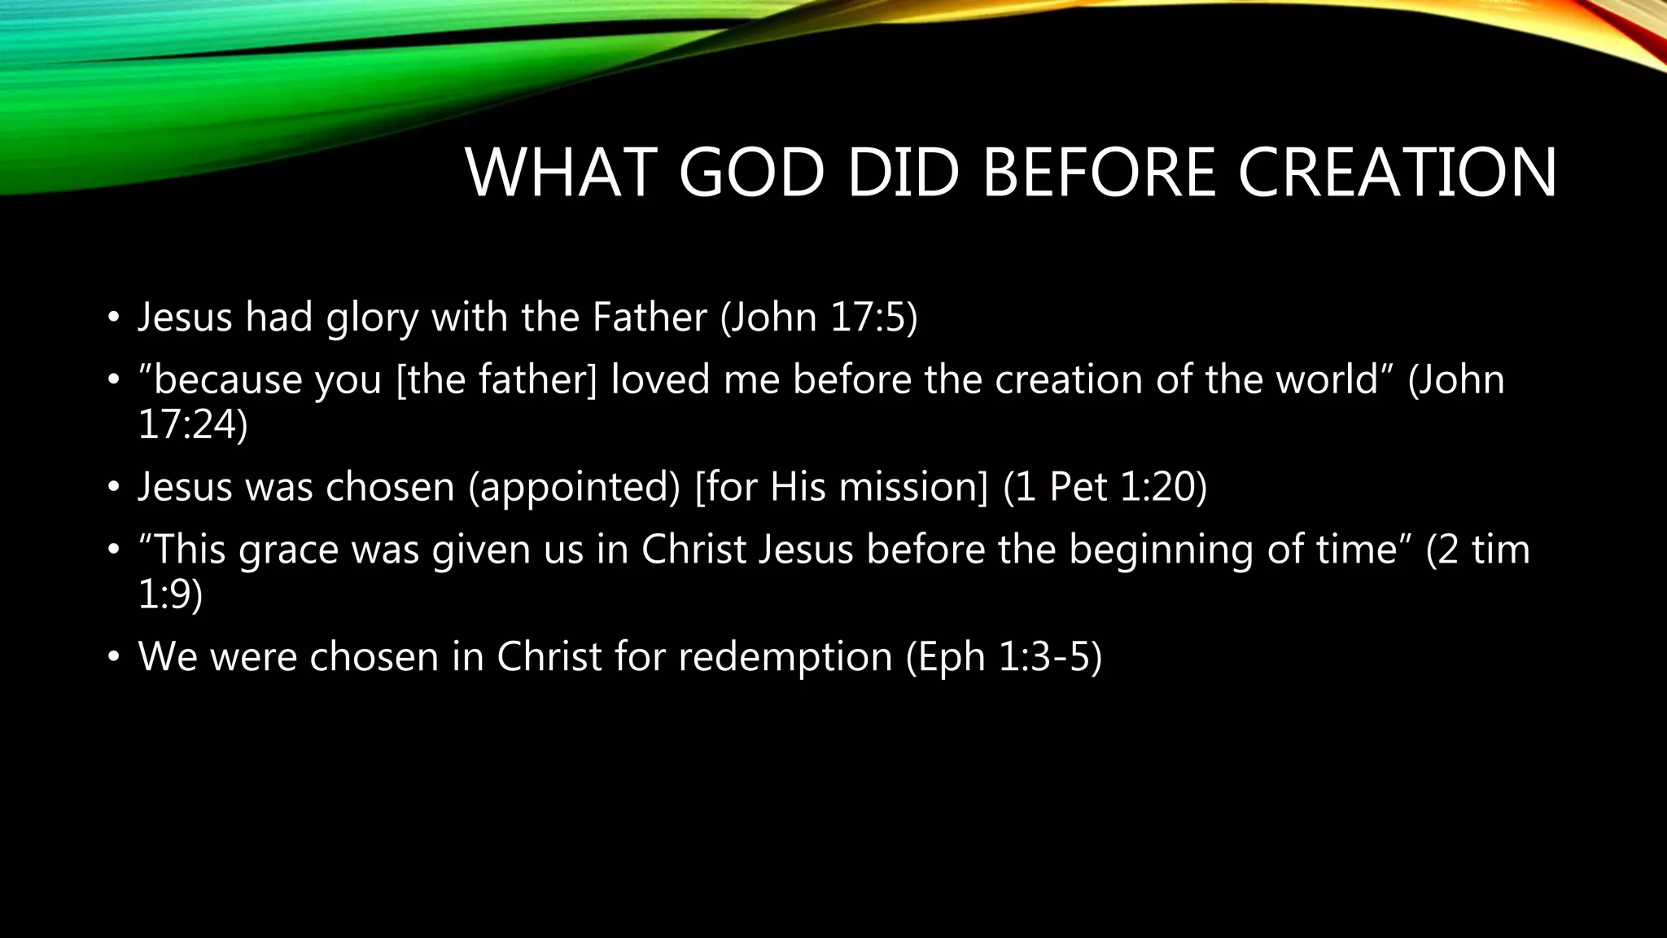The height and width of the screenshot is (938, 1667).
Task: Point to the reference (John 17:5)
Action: pyautogui.click(x=819, y=317)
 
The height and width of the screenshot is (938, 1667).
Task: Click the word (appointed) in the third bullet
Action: pyautogui.click(x=574, y=488)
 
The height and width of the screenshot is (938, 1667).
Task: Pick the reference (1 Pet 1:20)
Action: pyautogui.click(x=1105, y=487)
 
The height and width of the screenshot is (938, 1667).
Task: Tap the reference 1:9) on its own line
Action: pyautogui.click(x=171, y=594)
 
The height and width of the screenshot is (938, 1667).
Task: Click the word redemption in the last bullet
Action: pyautogui.click(x=785, y=657)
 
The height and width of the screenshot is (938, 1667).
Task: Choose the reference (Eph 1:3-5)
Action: pyautogui.click(x=1004, y=657)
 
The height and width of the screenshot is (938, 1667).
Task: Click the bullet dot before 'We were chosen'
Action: pyautogui.click(x=114, y=657)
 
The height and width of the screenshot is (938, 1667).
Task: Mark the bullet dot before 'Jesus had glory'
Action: pyautogui.click(x=114, y=318)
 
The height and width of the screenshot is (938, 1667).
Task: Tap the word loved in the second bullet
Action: pyautogui.click(x=660, y=379)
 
